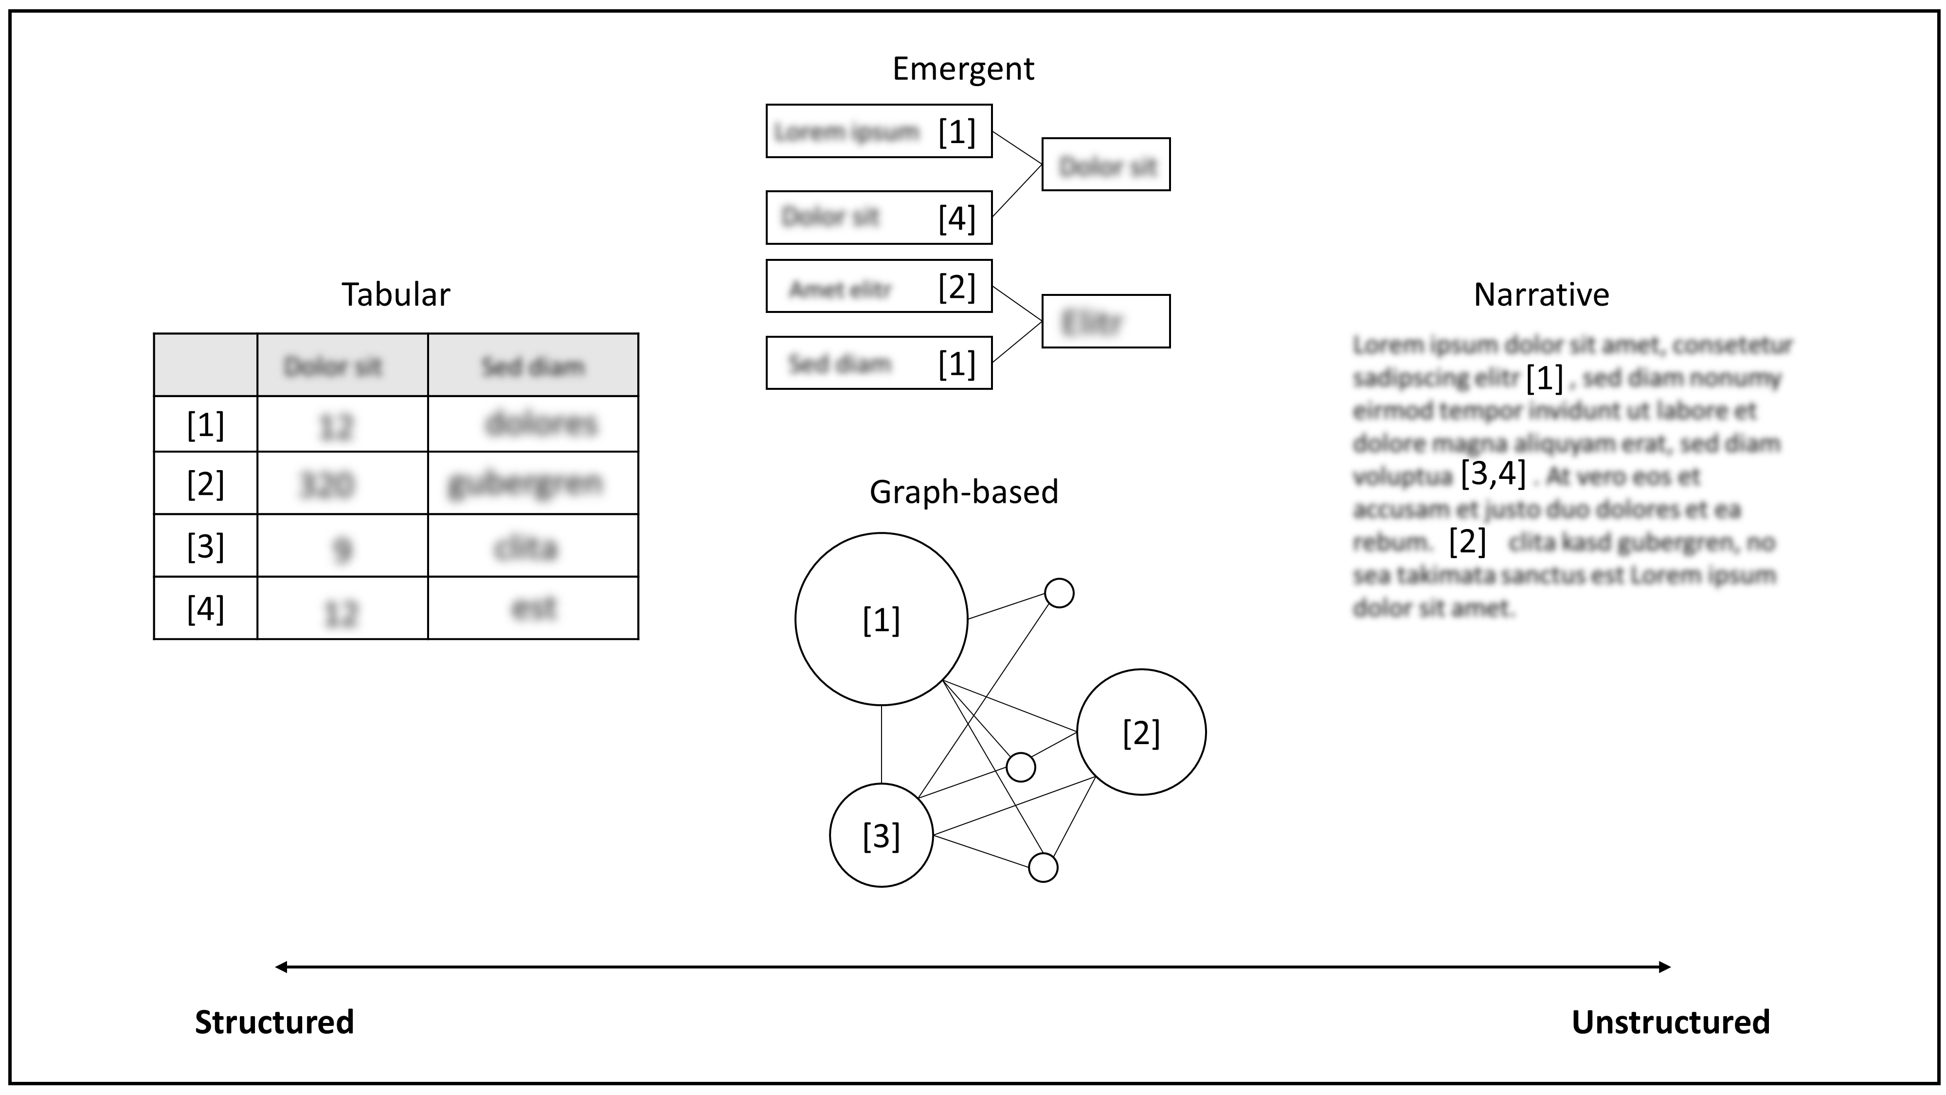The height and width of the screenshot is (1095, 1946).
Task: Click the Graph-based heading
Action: (963, 492)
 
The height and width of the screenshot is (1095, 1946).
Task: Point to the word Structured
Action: (274, 1022)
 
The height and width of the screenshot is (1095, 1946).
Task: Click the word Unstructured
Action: (1670, 1022)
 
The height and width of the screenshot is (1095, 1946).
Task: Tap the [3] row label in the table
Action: (205, 546)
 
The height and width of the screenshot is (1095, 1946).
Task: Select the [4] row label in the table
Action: (205, 608)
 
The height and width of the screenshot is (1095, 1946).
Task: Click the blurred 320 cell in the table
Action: (327, 484)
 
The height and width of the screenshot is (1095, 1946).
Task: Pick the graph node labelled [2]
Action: (1141, 732)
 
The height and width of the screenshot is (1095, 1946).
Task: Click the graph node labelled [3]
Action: (881, 836)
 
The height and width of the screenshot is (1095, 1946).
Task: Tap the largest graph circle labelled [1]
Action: (881, 620)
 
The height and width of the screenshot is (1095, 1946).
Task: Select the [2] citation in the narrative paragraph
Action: (1467, 541)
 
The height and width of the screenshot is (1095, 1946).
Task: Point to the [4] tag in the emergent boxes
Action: (956, 219)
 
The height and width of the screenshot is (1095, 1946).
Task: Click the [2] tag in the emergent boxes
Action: (956, 287)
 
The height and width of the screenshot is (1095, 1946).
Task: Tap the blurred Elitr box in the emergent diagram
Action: (1105, 321)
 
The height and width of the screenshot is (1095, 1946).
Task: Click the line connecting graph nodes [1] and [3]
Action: (881, 745)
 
